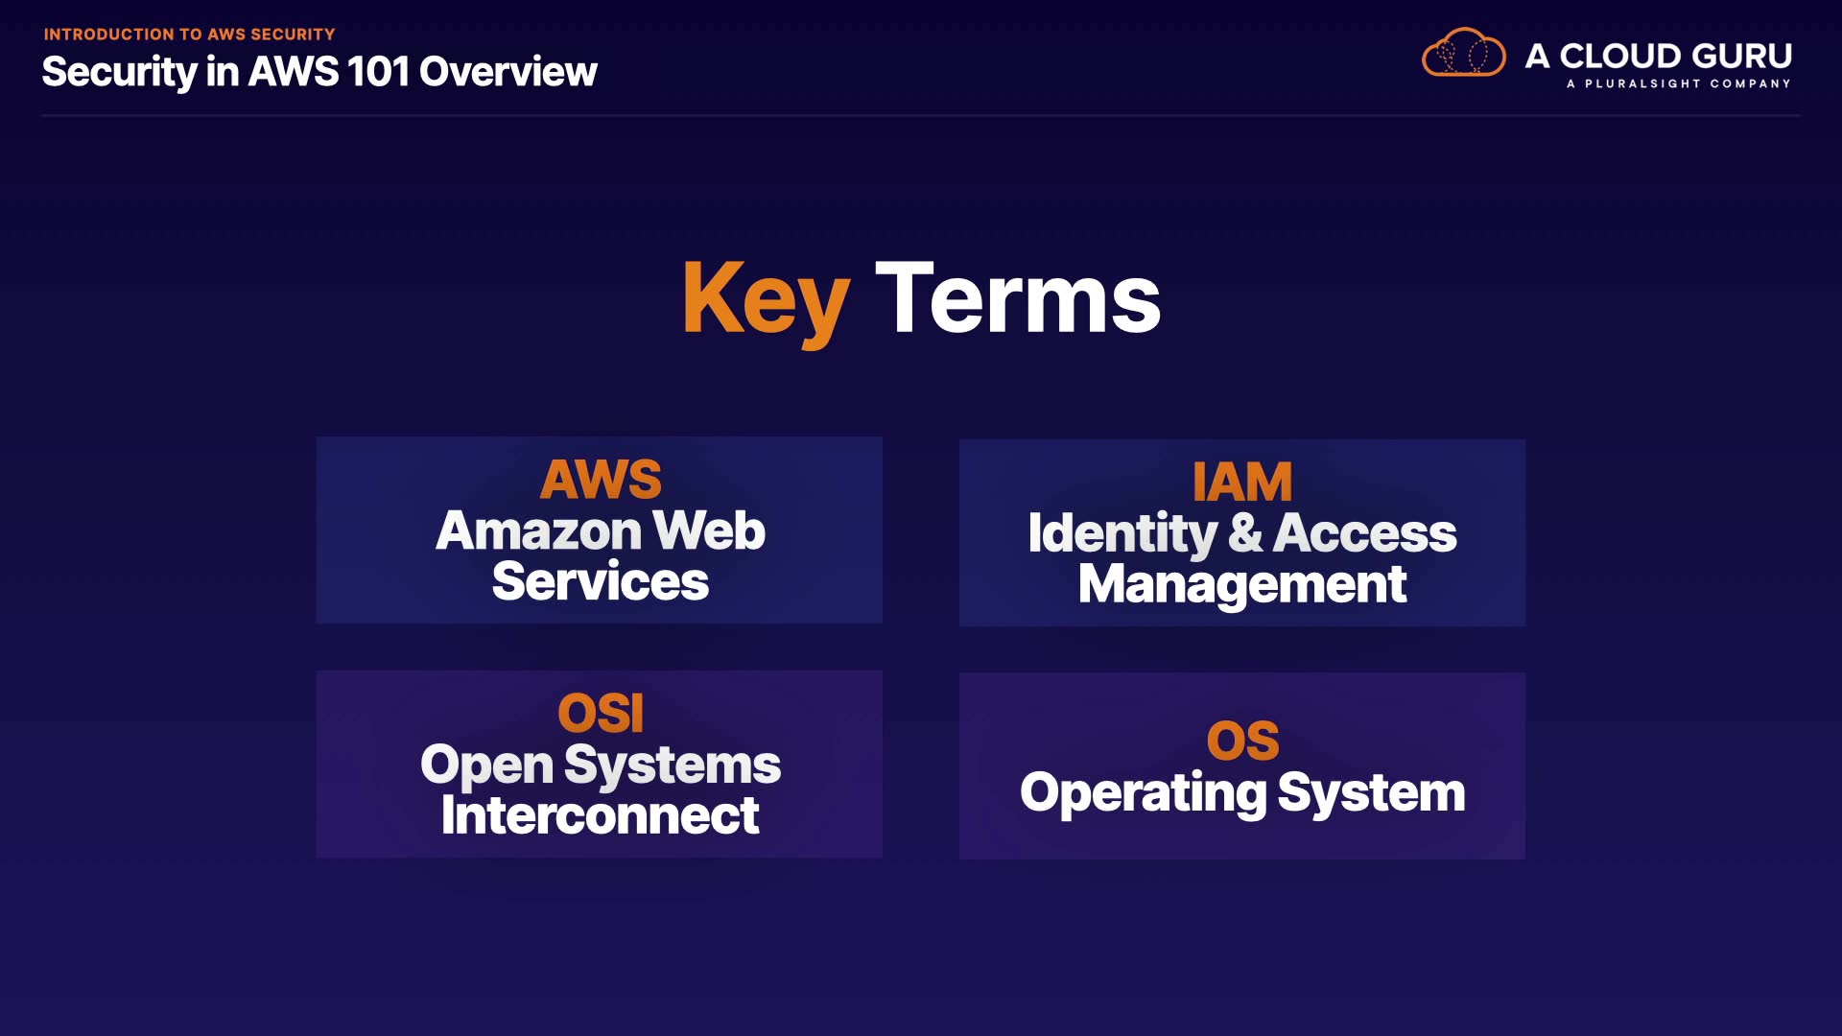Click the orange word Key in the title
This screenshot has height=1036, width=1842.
[x=766, y=299]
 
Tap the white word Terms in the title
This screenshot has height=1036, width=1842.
[x=1018, y=299]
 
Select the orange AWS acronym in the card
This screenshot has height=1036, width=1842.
[x=601, y=480]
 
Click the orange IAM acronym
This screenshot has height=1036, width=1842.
[x=1242, y=482]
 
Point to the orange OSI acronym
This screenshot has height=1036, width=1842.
[x=601, y=713]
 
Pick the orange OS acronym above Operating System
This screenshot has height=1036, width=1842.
[x=1242, y=741]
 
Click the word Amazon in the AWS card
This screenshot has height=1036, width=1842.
[x=538, y=530]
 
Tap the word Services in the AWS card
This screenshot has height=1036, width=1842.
[x=601, y=581]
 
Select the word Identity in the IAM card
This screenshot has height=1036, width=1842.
[x=1122, y=533]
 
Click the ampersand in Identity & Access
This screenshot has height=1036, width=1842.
[x=1244, y=533]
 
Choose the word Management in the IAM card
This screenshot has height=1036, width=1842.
[x=1242, y=584]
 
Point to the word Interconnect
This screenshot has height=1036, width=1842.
[x=601, y=815]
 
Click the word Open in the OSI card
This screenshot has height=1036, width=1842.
[x=486, y=765]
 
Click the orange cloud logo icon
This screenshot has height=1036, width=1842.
[x=1463, y=53]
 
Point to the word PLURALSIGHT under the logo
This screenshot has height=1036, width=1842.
[x=1642, y=83]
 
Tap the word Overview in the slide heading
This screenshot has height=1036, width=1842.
[x=508, y=72]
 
